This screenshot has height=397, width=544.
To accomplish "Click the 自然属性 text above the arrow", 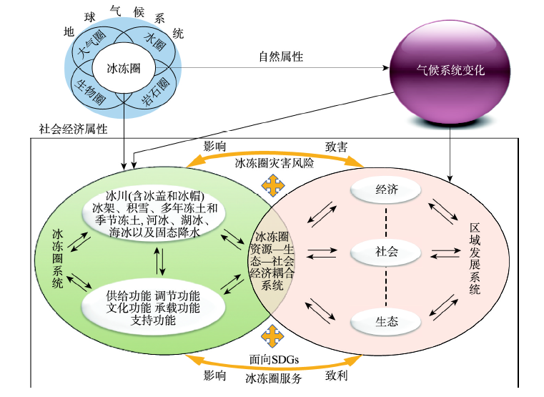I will pos(280,56).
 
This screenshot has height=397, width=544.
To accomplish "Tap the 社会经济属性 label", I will pos(72,129).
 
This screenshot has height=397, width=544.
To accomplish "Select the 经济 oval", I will pos(386,190).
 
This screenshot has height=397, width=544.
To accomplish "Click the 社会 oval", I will pos(386,252).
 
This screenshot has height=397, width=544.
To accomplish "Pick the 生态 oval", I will pos(386,321).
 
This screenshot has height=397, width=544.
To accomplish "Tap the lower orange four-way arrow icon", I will pos(271,335).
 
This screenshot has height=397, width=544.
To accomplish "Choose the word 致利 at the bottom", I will pos(337,374).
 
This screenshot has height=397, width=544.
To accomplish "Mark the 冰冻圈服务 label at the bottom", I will pos(273,378).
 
